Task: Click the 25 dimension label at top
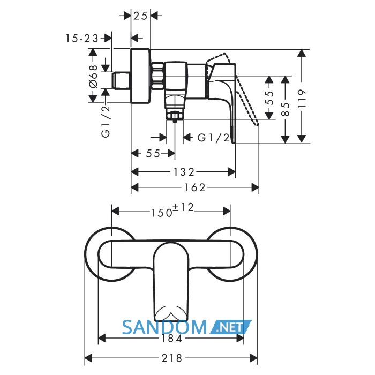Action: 140,16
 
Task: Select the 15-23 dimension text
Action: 82,38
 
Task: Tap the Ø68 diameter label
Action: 93,76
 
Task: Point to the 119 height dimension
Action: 302,99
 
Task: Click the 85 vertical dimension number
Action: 286,109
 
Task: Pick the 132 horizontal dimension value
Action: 184,172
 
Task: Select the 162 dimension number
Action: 194,187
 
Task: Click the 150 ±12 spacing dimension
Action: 172,211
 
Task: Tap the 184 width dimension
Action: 172,339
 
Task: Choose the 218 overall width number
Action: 172,358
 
